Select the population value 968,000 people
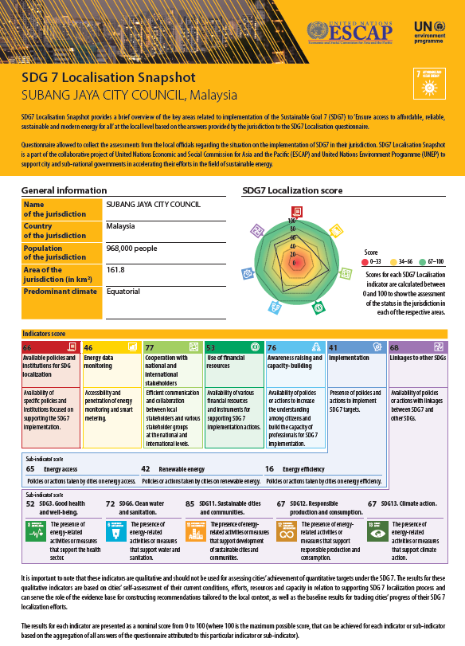coord(133,248)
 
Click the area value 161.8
coord(115,270)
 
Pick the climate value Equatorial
coord(123,292)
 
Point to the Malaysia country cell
coord(121,226)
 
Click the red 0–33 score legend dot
coord(365,260)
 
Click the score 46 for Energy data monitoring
coord(88,348)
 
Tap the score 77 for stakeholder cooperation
coord(150,348)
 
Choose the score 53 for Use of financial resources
coord(211,348)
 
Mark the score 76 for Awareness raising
coord(272,348)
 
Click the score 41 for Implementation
coord(333,348)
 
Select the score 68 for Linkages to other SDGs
coord(394,348)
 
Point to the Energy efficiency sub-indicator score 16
coord(270,470)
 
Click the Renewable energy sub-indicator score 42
coord(146,470)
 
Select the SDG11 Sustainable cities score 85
coord(190,504)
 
